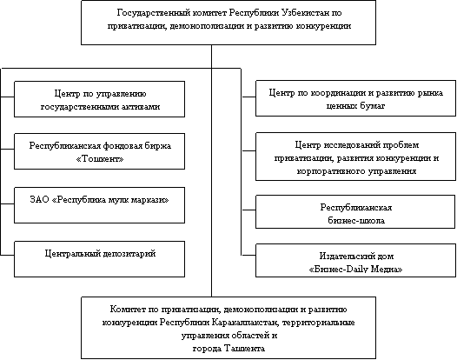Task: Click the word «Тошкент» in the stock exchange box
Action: point(100,159)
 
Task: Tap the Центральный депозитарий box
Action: point(99,259)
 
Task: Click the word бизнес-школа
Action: point(356,221)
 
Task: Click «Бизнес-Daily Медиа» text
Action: point(355,269)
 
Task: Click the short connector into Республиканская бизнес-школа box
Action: point(248,210)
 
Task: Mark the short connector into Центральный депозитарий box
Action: point(7,256)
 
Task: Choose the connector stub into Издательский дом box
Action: point(248,256)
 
